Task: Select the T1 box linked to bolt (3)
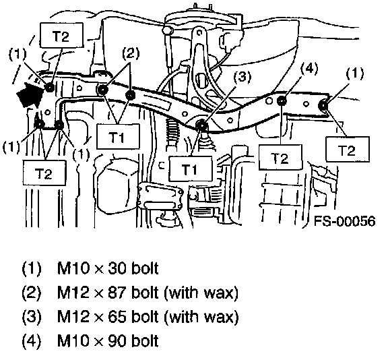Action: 190,169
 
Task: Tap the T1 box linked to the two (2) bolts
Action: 118,136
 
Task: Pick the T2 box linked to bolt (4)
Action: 280,157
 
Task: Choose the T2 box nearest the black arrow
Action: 61,35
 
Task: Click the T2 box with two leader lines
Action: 44,173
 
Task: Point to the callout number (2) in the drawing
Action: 131,53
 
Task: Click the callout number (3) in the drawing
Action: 243,77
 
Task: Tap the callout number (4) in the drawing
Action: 309,67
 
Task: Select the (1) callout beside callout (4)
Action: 355,73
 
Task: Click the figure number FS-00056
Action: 344,220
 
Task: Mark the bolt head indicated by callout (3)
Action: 202,125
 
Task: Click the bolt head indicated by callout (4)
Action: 282,100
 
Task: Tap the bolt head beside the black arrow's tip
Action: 50,87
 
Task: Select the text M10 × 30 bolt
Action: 108,268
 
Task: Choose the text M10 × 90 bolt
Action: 108,341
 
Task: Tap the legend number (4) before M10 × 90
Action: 32,341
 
